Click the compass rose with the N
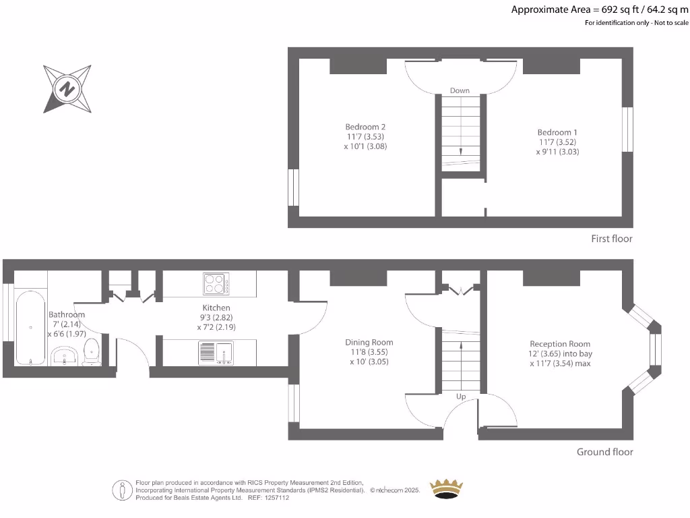[67, 88]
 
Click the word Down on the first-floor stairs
[460, 90]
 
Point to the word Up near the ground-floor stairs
[462, 397]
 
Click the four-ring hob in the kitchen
[216, 283]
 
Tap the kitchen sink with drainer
[216, 352]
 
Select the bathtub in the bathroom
[31, 327]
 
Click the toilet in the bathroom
[91, 351]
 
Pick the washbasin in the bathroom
[65, 354]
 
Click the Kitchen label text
[217, 308]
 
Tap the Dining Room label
[369, 342]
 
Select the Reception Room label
[560, 343]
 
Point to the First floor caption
[611, 239]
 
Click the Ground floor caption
[604, 452]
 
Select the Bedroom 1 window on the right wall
[627, 129]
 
